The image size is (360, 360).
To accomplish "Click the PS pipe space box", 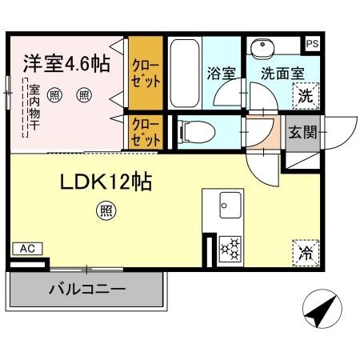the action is (x=312, y=43).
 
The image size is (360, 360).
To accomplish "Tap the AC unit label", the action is (x=28, y=249).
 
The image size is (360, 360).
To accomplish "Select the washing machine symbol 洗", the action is (x=306, y=96).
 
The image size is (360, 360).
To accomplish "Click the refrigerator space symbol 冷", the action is (x=306, y=253).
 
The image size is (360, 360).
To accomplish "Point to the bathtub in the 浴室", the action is (x=185, y=74).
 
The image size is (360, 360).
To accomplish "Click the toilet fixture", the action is (x=198, y=132).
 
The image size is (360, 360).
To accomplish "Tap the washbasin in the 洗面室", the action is (x=262, y=49).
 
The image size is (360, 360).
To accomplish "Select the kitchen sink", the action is (x=230, y=205).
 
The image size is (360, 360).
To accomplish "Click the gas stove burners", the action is (x=230, y=248).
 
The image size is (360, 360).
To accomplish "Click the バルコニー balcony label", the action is (x=87, y=289).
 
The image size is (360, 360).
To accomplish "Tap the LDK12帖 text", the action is (x=106, y=182).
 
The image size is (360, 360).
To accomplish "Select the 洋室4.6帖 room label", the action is (x=66, y=63).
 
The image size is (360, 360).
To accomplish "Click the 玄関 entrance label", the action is (x=302, y=132).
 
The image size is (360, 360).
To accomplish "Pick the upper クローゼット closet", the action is (x=146, y=73).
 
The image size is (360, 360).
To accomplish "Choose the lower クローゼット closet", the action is (x=146, y=132).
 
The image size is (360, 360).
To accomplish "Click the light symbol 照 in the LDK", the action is (x=106, y=210).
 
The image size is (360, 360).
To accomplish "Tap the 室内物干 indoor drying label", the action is (x=34, y=107).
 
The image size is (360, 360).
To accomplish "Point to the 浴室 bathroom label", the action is (x=222, y=73).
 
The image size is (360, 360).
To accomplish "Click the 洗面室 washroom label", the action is (x=282, y=73).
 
